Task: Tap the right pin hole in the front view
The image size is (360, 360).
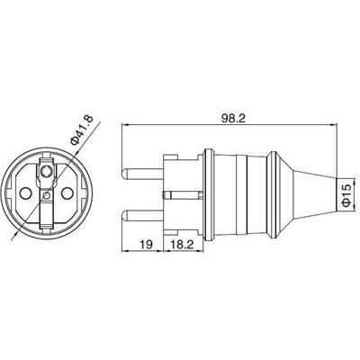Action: point(66,192)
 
